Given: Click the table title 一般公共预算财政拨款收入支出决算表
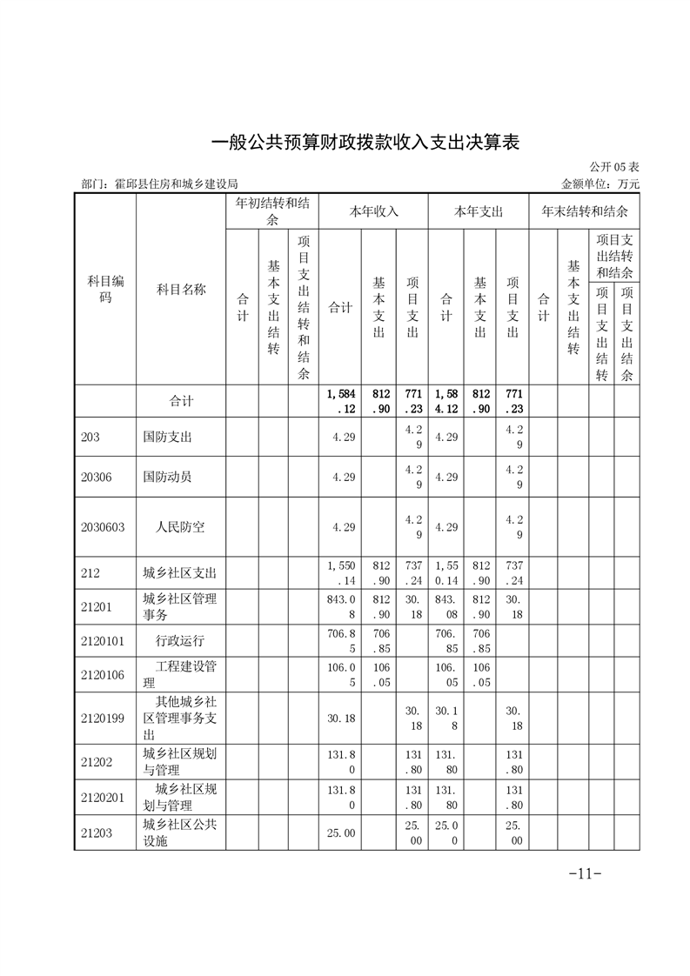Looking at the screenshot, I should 365,142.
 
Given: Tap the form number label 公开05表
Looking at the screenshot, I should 614,167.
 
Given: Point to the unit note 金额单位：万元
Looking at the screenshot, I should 600,184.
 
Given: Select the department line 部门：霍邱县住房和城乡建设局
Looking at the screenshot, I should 159,184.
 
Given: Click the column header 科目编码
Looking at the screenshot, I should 105,289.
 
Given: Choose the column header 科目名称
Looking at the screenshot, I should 181,290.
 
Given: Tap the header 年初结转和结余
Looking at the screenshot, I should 272,212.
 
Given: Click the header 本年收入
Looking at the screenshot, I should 373,211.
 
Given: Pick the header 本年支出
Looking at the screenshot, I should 479,211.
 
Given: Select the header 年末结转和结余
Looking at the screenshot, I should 585,211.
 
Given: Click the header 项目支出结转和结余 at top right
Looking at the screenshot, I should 614,256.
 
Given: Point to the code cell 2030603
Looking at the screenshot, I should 103,527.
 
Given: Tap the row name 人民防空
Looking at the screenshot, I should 180,527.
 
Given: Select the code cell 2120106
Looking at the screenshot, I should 103,674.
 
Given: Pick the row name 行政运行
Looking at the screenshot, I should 180,641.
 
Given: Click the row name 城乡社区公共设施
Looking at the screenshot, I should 180,833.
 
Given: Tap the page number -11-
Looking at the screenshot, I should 585,873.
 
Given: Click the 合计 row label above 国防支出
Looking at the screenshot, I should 181,401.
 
